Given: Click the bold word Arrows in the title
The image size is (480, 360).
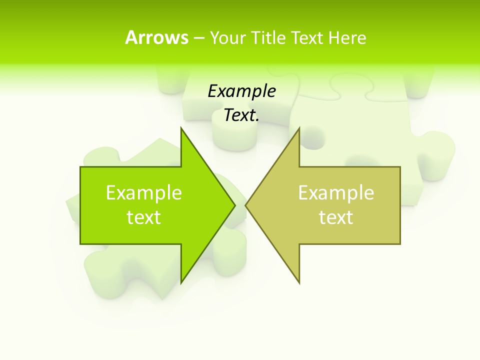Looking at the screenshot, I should click(x=156, y=37).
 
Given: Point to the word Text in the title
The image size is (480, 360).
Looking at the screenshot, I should click(x=307, y=37).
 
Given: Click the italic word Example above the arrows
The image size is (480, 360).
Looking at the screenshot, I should click(x=241, y=91).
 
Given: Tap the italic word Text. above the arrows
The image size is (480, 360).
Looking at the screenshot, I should click(x=241, y=115).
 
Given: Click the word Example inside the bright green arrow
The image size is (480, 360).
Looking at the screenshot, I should click(x=143, y=192).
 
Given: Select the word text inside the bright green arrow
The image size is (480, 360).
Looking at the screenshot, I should click(x=143, y=217).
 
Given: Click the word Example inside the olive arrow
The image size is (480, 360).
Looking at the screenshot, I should click(x=336, y=192).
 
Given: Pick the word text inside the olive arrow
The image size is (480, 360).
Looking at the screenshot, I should click(x=336, y=217).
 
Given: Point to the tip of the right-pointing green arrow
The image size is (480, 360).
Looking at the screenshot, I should click(x=234, y=204).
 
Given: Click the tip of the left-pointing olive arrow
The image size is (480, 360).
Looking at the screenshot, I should click(x=246, y=204).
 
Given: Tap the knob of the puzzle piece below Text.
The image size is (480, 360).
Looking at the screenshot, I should click(x=233, y=135).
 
